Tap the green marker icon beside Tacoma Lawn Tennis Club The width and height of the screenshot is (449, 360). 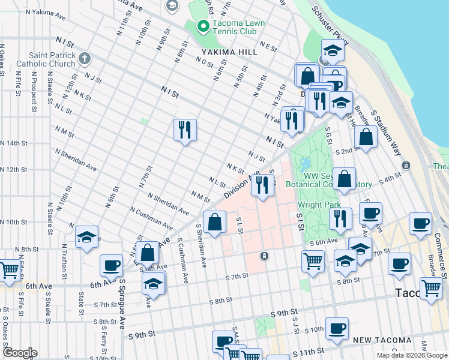click(x=203, y=26)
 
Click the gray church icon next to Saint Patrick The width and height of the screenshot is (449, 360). click(x=84, y=59)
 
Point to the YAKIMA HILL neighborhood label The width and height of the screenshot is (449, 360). click(x=226, y=52)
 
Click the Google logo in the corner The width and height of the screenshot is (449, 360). click(x=20, y=353)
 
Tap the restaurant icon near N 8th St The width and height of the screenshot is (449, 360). click(x=185, y=130)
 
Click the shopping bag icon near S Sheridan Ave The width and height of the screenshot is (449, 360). click(x=214, y=222)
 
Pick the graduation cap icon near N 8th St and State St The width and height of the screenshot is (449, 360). click(x=87, y=238)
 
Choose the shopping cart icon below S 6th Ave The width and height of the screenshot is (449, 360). click(x=313, y=261)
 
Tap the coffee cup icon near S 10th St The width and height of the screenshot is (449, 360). click(x=337, y=328)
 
